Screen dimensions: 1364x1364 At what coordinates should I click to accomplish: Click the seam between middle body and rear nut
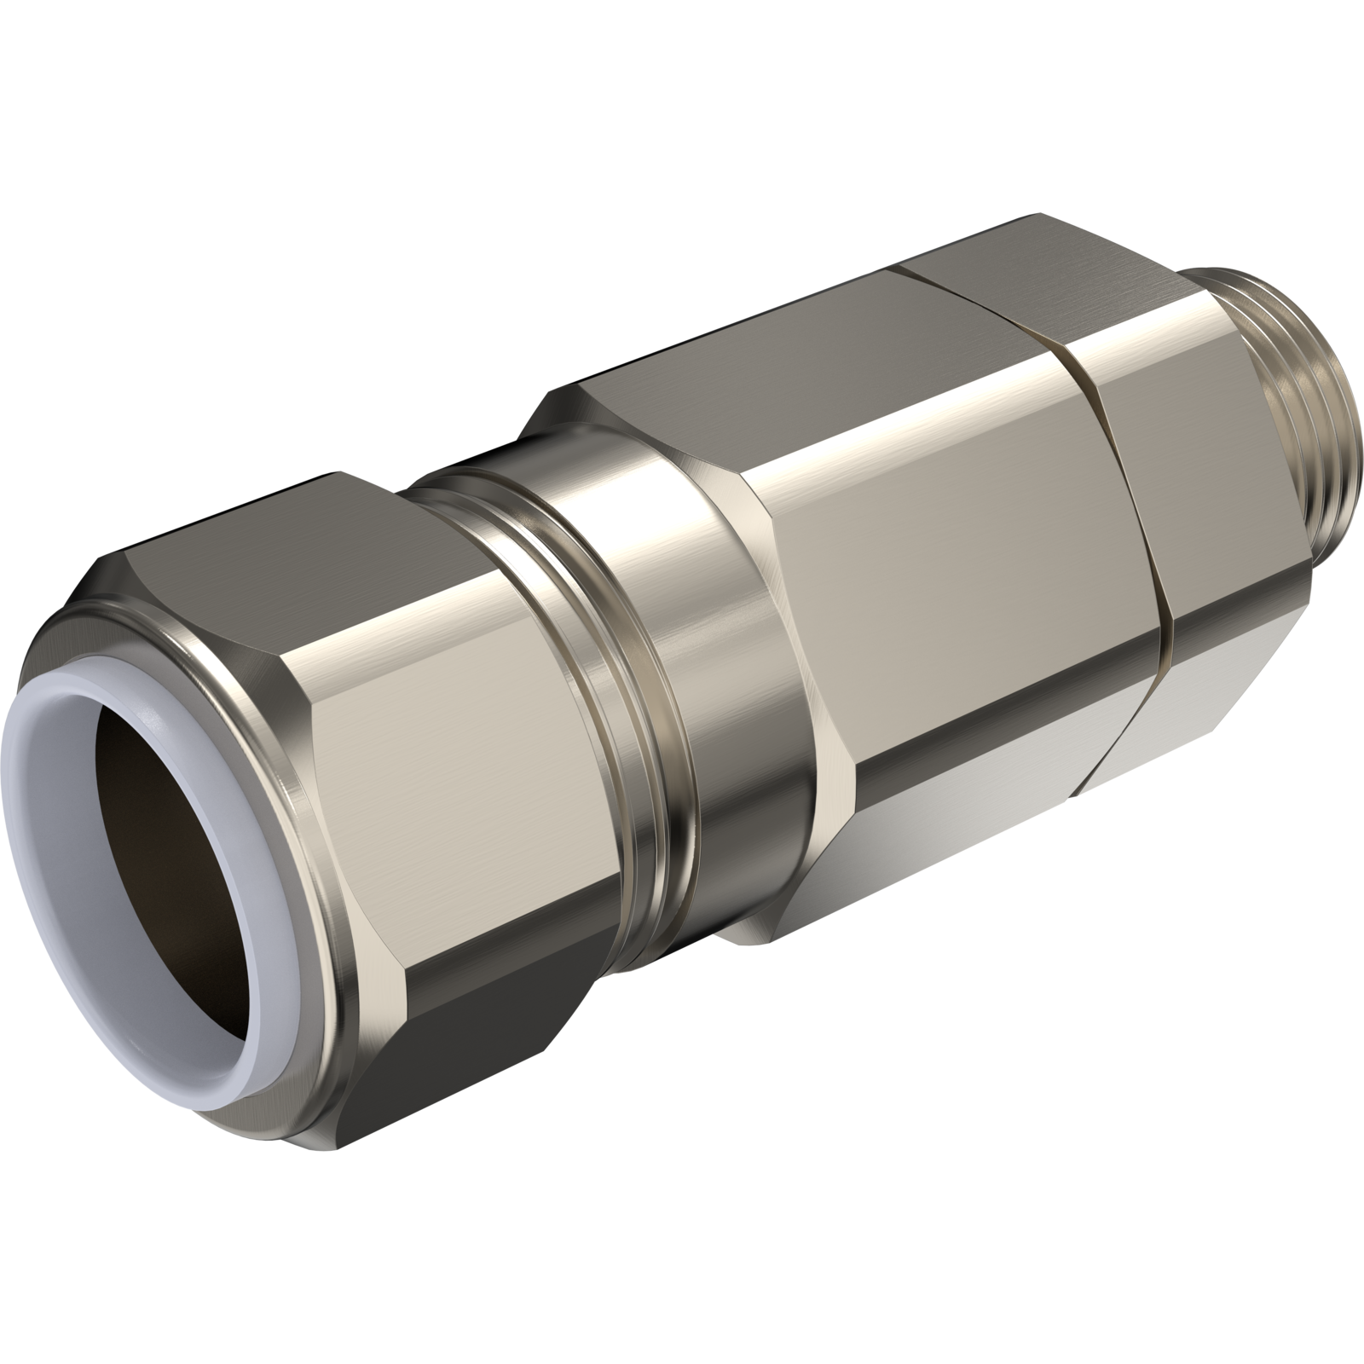pyautogui.click(x=1142, y=546)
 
